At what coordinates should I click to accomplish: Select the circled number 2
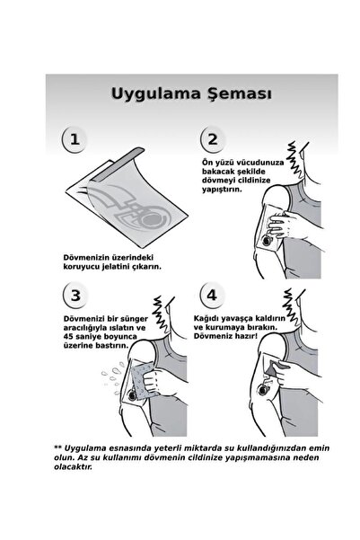pyautogui.click(x=212, y=139)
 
